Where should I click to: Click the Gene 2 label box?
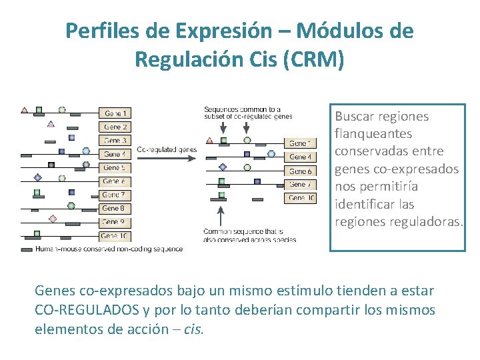tap(115, 127)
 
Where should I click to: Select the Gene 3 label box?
tap(115, 141)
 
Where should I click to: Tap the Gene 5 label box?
tap(115, 168)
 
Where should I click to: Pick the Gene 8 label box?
tap(115, 209)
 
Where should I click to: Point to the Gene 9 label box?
tap(115, 222)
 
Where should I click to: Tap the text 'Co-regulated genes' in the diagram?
tap(167, 150)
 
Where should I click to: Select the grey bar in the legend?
tap(27, 249)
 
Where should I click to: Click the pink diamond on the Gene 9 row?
tap(53, 218)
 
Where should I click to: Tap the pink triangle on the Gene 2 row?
tap(51, 123)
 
